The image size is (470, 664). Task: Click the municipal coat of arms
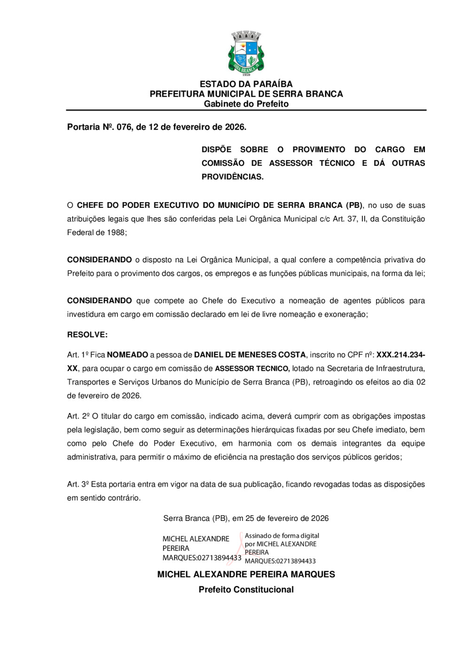[x=246, y=53]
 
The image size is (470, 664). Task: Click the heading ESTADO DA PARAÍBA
[x=246, y=84]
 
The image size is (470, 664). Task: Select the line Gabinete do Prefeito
[x=246, y=104]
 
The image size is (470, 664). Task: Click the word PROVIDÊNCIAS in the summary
[x=232, y=177]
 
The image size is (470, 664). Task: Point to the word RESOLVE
[x=87, y=335]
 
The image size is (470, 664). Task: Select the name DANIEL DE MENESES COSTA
[x=250, y=355]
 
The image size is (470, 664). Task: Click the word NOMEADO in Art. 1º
[x=127, y=355]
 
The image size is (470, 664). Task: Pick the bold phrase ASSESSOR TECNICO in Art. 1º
[x=252, y=369]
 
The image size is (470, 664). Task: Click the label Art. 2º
[x=78, y=416]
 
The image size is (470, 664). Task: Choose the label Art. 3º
[x=78, y=484]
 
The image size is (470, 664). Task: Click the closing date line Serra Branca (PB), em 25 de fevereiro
[x=246, y=519]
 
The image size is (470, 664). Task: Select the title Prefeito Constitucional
[x=246, y=590]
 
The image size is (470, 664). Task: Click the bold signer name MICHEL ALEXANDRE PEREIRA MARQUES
[x=246, y=574]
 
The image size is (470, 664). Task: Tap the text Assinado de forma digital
[x=282, y=536]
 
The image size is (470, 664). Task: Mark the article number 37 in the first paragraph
[x=352, y=219]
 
